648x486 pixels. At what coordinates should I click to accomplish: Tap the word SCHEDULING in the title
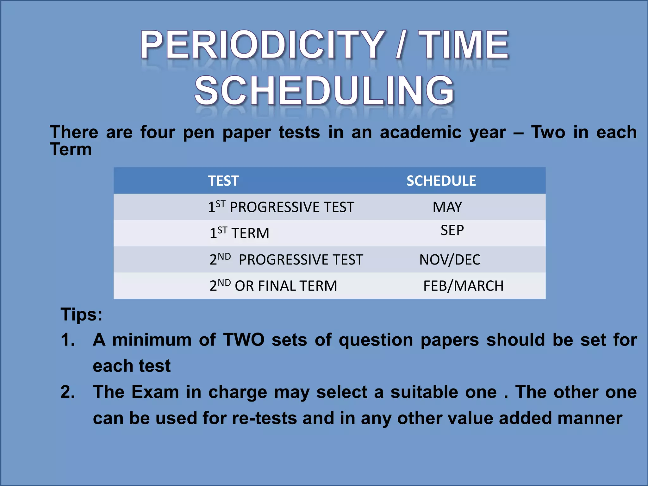(324, 91)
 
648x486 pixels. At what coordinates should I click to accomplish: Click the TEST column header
(223, 181)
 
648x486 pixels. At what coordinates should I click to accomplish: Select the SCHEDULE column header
(441, 181)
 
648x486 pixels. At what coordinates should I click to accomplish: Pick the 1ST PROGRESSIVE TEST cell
(281, 207)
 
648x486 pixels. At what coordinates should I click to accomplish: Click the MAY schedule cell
(447, 207)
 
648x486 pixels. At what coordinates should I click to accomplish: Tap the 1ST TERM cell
(239, 233)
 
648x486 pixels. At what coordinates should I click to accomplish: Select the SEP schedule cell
(452, 230)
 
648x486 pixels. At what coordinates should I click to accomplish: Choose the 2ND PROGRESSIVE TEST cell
(286, 260)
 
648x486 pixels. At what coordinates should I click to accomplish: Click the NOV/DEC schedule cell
(450, 260)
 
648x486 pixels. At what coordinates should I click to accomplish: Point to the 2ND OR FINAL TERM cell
(273, 286)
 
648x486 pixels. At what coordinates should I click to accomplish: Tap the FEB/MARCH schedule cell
(463, 286)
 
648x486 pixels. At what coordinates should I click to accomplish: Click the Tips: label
(81, 315)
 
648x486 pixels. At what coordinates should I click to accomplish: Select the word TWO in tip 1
(244, 340)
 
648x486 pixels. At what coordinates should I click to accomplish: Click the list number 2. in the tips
(68, 392)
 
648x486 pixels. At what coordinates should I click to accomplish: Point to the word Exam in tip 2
(155, 392)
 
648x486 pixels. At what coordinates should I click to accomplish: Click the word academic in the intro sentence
(421, 132)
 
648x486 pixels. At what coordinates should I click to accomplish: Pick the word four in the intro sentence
(158, 132)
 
